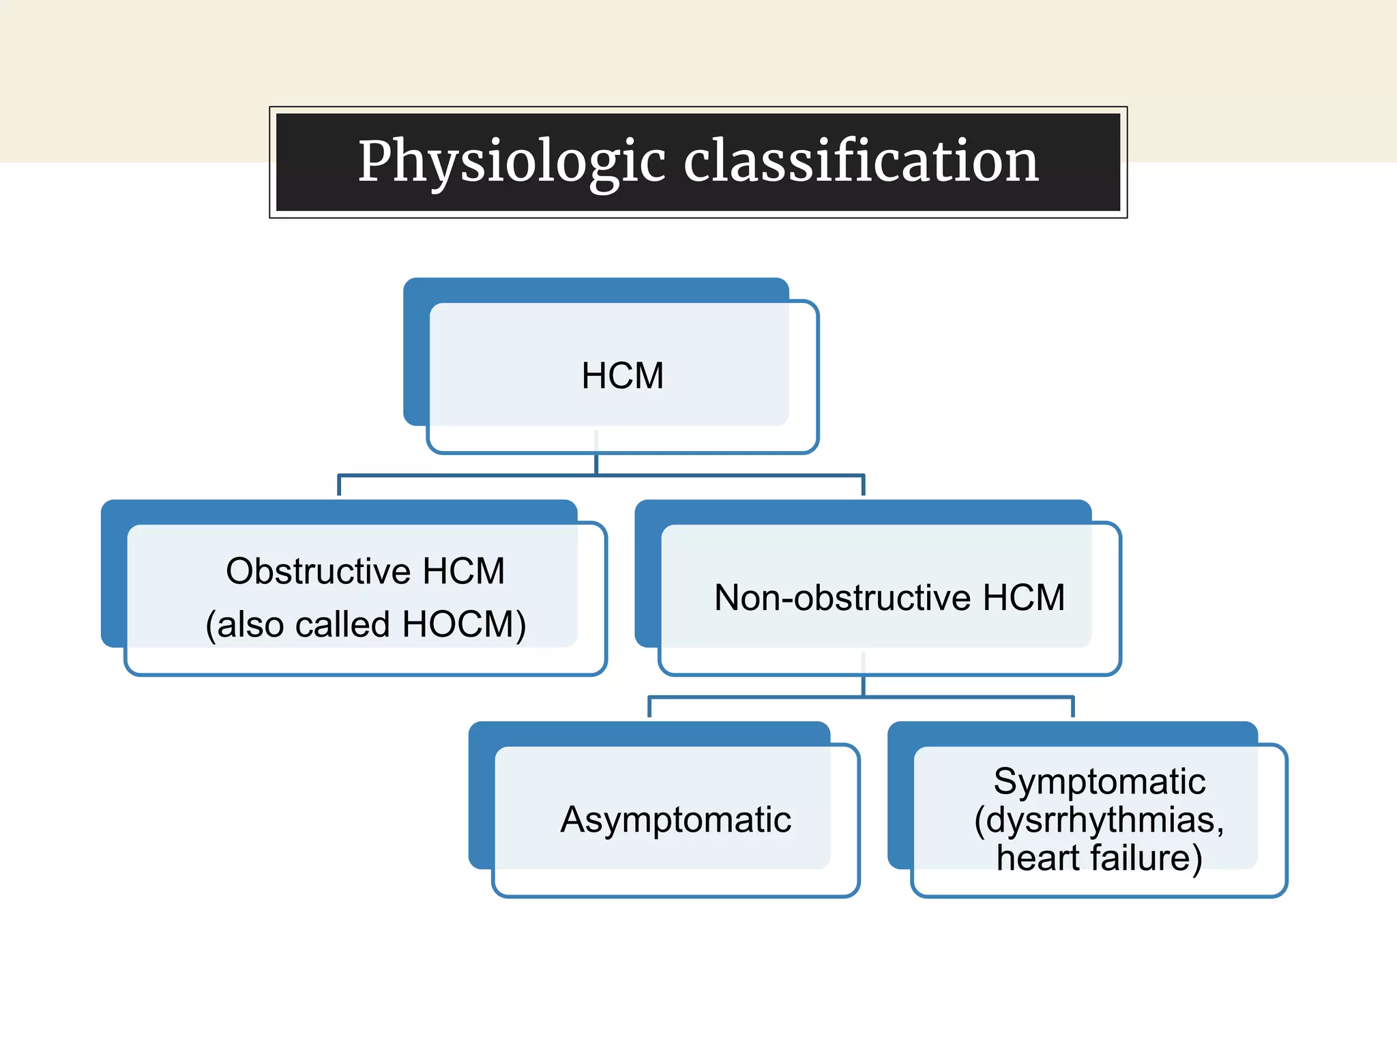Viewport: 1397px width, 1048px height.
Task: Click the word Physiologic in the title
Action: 512,162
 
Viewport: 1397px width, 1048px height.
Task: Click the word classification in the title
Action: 861,162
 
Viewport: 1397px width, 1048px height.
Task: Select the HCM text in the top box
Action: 622,376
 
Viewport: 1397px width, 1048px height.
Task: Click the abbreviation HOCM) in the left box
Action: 464,624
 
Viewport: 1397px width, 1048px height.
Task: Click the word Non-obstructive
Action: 842,598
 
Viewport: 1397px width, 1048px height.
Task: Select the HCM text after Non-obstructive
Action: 1024,598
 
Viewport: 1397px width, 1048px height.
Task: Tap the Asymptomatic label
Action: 675,819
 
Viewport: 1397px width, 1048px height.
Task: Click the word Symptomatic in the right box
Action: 1099,781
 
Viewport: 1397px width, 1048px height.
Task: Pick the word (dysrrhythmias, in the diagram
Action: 1099,819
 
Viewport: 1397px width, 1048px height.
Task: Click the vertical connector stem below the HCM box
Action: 596,464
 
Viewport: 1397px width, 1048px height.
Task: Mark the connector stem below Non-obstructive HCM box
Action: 864,685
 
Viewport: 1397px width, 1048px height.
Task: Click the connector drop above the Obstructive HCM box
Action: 340,485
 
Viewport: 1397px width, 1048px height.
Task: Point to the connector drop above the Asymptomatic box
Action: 649,707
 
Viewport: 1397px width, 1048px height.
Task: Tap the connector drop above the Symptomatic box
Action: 1073,707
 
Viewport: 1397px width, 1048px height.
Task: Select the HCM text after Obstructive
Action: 464,571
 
